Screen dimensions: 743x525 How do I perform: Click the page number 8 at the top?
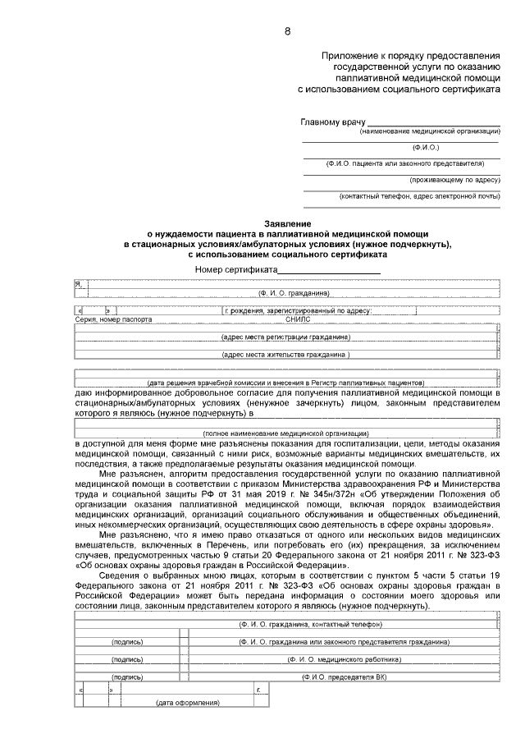(287, 31)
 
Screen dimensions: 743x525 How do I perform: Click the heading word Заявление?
(287, 224)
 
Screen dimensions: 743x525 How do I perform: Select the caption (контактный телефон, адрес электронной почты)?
(419, 196)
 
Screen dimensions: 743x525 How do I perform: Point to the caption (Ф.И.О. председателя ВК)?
(344, 677)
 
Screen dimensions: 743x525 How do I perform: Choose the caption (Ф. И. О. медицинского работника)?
(344, 658)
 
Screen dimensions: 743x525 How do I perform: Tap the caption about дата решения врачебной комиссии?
(286, 383)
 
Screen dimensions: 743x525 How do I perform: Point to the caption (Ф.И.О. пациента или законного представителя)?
(413, 163)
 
